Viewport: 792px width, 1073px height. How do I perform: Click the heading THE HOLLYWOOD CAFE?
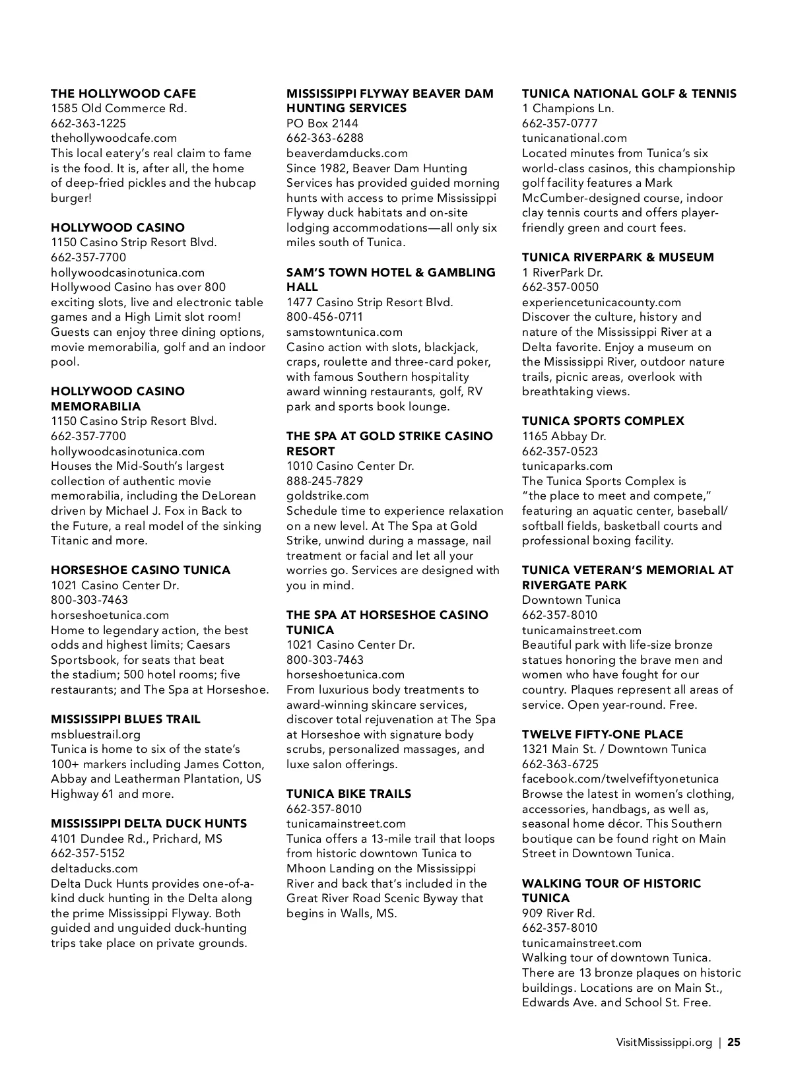[x=123, y=94]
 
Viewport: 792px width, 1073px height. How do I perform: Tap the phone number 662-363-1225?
[x=88, y=123]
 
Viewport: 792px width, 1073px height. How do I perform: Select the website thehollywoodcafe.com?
[x=114, y=138]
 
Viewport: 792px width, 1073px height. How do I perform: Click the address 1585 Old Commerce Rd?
[x=119, y=108]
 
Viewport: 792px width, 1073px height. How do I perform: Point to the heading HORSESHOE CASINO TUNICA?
[x=141, y=570]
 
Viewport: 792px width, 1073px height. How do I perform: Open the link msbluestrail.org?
[x=96, y=734]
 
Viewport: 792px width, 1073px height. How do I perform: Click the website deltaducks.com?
[x=94, y=868]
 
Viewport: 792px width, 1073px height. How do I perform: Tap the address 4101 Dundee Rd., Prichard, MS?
[x=137, y=839]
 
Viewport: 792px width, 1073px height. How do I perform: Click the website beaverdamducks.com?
[x=347, y=153]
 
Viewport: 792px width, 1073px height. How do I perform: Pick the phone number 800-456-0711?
[x=325, y=317]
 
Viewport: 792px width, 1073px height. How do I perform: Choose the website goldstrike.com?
[x=328, y=496]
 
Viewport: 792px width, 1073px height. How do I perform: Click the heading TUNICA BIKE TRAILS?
[x=348, y=794]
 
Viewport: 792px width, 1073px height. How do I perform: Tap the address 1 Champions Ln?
[x=568, y=108]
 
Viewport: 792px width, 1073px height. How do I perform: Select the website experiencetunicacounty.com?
[x=601, y=302]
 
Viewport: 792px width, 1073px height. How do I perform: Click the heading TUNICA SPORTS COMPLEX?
[x=603, y=421]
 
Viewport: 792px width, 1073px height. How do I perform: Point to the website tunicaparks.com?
[x=567, y=466]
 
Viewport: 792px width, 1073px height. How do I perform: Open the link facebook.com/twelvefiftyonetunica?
[x=620, y=779]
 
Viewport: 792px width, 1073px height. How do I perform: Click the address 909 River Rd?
[x=558, y=913]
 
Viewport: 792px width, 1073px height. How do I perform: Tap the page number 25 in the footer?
[x=734, y=1043]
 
